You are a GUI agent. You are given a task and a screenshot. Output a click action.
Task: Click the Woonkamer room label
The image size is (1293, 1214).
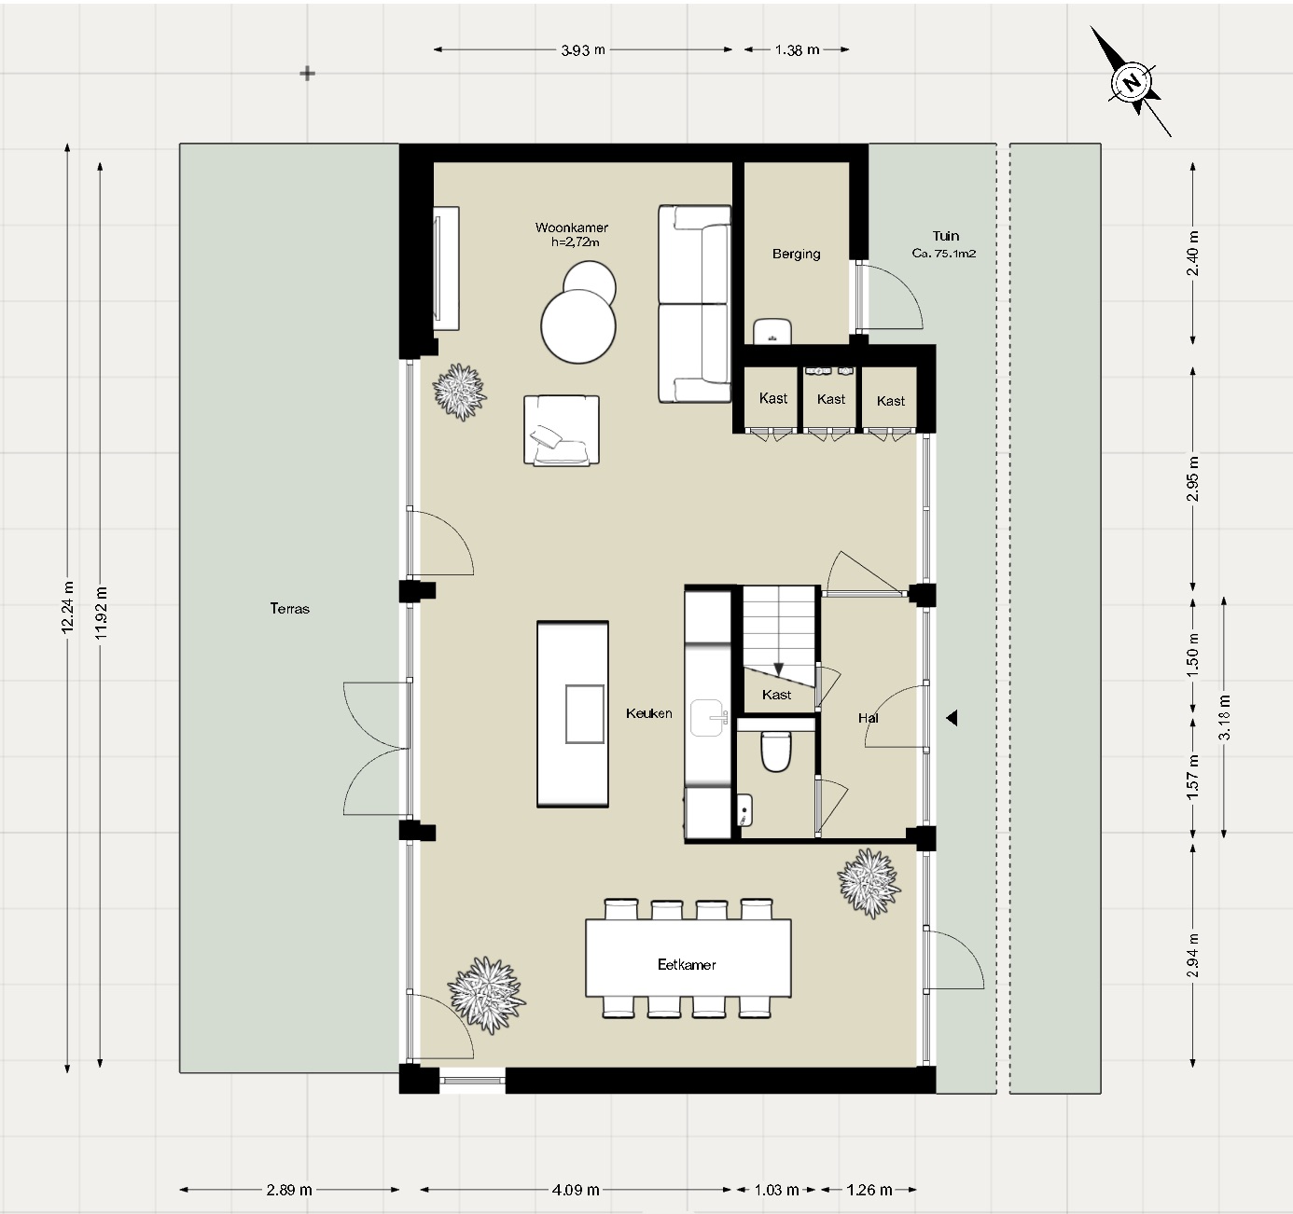572,228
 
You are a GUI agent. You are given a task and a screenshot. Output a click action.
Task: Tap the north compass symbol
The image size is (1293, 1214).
1132,82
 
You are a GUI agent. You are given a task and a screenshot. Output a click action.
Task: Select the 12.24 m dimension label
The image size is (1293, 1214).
67,607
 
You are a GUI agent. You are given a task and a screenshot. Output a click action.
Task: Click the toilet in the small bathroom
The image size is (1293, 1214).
776,752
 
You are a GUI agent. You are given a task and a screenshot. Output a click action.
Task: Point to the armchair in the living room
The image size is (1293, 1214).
561,430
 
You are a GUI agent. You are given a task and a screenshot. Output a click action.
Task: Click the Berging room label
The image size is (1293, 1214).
796,254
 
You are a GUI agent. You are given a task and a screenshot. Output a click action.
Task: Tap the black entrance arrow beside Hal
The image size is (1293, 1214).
952,718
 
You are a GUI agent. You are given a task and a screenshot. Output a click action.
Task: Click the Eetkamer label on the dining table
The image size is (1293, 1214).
687,965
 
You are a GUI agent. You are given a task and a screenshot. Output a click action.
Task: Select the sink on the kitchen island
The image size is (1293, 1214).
585,714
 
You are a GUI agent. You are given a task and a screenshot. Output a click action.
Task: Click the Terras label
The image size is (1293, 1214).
289,609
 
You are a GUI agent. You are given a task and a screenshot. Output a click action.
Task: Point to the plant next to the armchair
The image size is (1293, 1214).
460,391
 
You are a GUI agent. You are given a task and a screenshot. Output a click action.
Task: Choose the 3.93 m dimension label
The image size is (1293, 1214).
583,50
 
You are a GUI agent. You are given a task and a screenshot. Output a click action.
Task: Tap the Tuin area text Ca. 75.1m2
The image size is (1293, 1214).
944,254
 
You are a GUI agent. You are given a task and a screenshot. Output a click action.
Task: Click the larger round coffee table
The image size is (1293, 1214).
578,326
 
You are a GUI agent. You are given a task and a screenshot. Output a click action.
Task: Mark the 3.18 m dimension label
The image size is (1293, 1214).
1224,717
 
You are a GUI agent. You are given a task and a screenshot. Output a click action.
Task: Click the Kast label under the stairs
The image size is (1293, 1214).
776,695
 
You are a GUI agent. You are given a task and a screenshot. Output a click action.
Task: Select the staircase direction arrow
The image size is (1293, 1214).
779,668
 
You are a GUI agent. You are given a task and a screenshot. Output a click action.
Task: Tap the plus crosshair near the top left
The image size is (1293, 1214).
307,74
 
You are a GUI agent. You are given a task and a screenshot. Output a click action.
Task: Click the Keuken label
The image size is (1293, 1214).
648,713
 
